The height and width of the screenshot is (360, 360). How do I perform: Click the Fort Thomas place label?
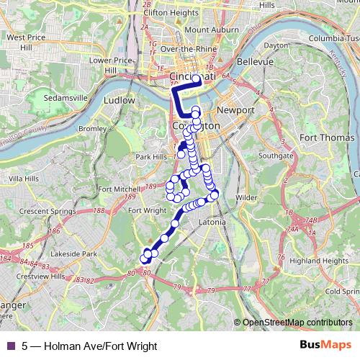tap(328, 138)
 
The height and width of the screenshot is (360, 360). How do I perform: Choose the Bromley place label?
tap(91, 129)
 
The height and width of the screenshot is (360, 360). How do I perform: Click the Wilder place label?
tap(246, 197)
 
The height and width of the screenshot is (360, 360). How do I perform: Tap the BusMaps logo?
tap(326, 345)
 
